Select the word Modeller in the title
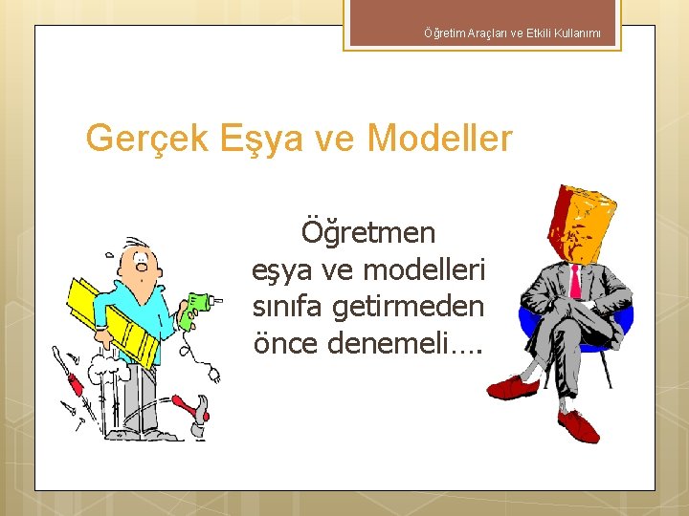[x=440, y=139]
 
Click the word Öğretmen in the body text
[x=368, y=232]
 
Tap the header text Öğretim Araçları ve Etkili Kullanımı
[x=512, y=33]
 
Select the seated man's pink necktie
[x=576, y=282]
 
